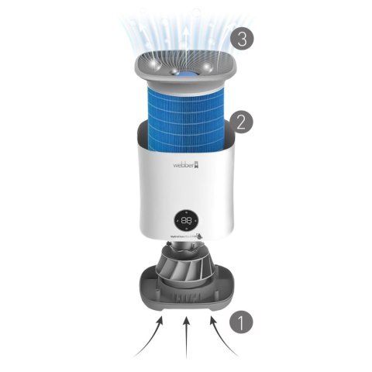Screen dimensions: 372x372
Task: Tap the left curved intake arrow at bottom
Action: (150, 339)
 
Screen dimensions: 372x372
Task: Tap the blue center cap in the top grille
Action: (185, 74)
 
